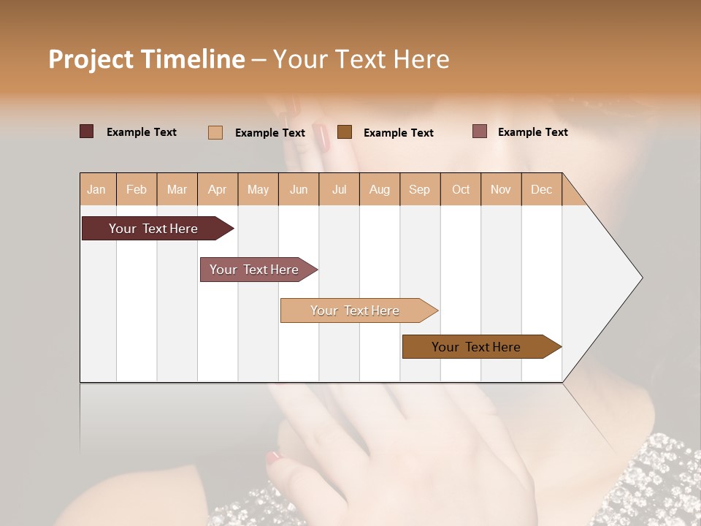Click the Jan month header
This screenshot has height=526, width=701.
coord(96,189)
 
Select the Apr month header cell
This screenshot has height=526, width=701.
coord(217,189)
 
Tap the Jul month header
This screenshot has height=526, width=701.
coord(339,189)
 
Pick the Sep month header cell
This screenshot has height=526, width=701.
coord(419,189)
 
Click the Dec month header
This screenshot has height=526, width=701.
coord(541,189)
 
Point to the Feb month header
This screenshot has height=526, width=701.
coord(137,189)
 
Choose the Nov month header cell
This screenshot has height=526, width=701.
coord(500,189)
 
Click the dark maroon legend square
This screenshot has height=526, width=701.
coord(86,131)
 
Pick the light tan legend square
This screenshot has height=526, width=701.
coord(215,132)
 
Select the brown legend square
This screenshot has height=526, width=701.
coord(345,131)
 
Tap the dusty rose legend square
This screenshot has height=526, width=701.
coord(479,131)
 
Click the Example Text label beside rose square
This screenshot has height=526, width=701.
coord(532,132)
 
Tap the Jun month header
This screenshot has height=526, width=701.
coord(298,189)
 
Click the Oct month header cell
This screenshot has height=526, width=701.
coord(461,189)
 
